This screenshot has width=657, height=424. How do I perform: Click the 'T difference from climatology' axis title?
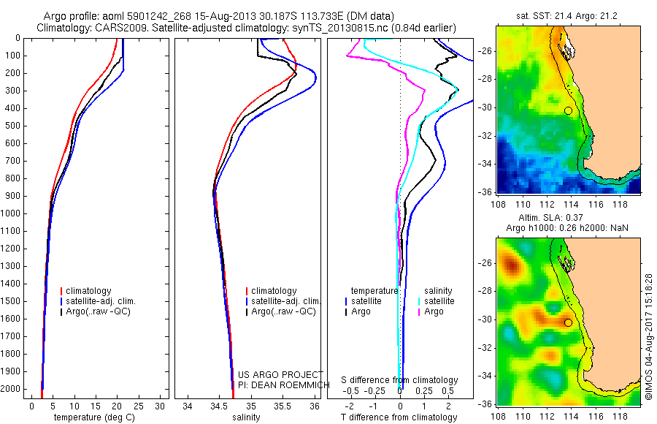pos(400,417)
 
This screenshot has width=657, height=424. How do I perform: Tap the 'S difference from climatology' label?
pos(400,380)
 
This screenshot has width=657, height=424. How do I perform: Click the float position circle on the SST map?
pos(568,110)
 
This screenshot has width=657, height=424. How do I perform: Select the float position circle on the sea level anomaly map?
pos(568,322)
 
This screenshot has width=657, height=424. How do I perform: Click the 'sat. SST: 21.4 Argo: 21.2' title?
pos(568,15)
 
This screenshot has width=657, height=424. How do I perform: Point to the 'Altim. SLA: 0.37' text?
pos(568,219)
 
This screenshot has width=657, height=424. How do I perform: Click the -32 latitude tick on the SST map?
pos(485,136)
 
